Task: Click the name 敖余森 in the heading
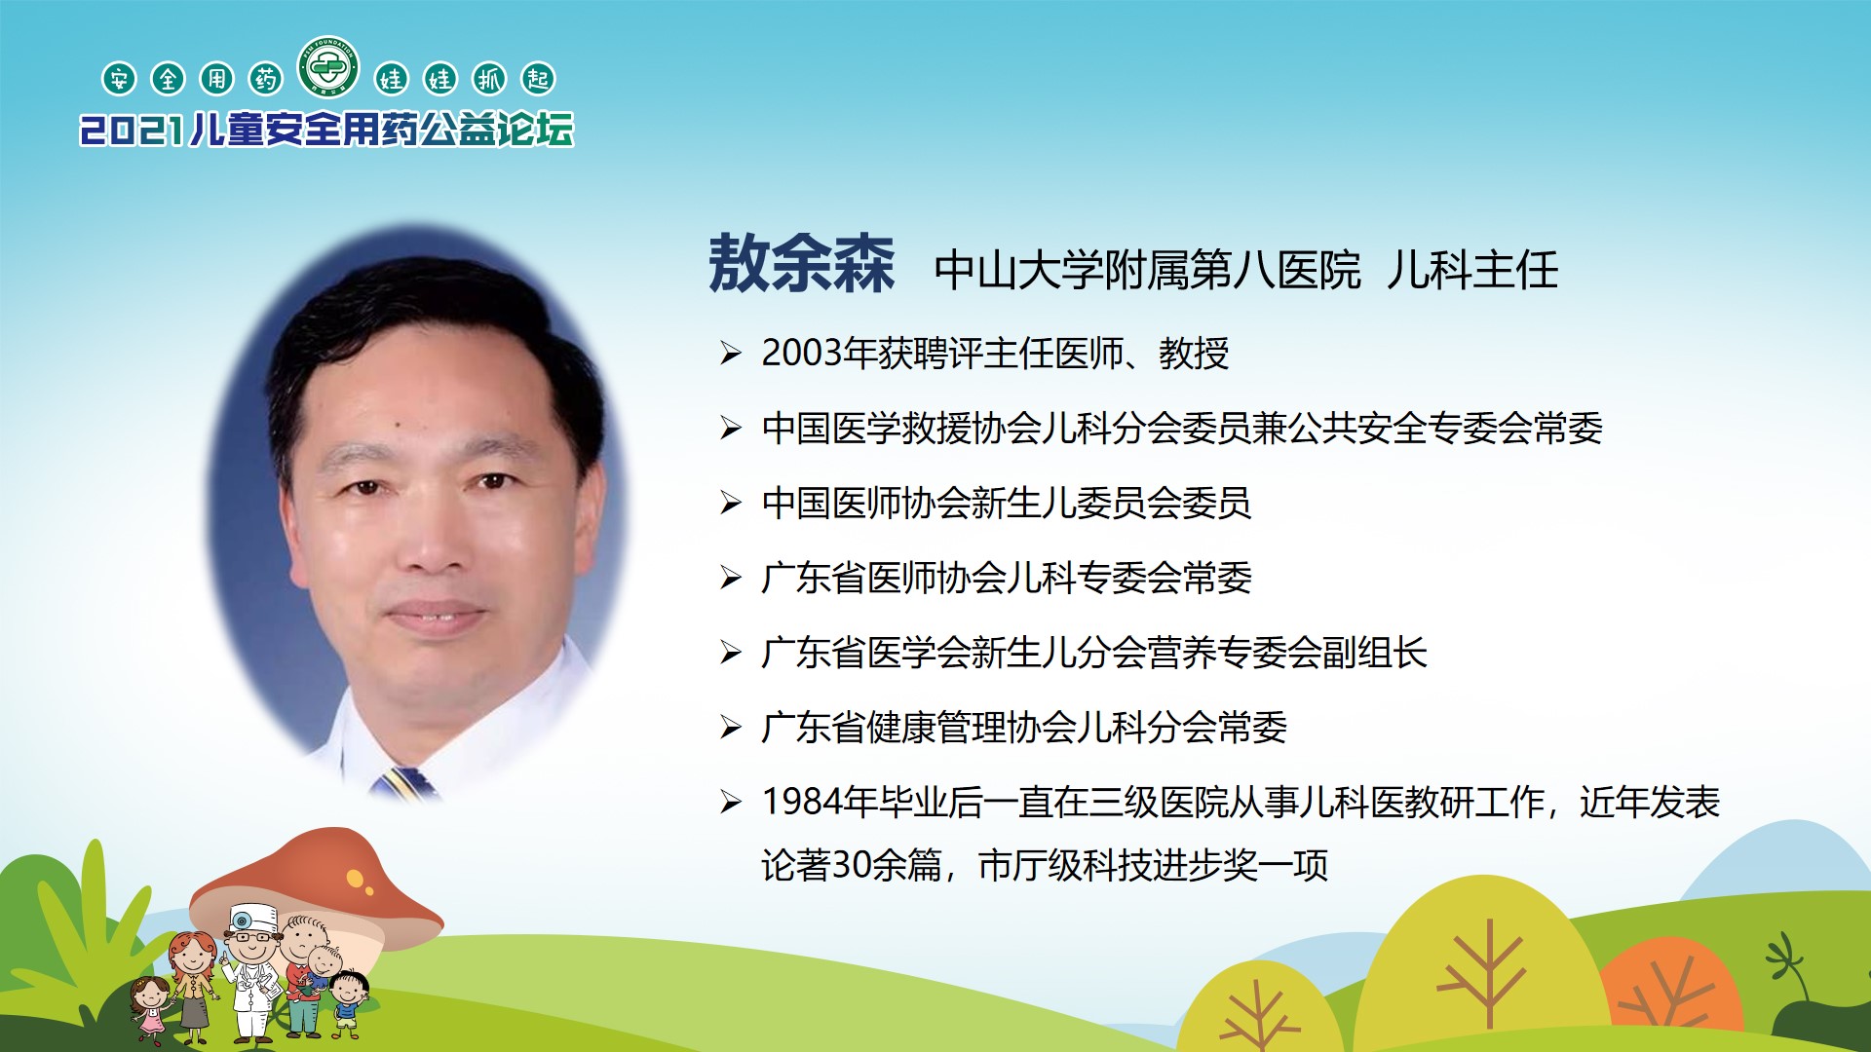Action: pyautogui.click(x=801, y=264)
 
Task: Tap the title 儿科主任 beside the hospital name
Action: pyautogui.click(x=1472, y=270)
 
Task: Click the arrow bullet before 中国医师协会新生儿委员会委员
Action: pyautogui.click(x=731, y=503)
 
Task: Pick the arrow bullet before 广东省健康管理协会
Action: pyautogui.click(x=731, y=727)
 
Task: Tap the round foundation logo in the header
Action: pyautogui.click(x=329, y=67)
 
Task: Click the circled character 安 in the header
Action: pyautogui.click(x=119, y=79)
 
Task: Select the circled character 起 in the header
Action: pyautogui.click(x=538, y=79)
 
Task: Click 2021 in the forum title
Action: pyautogui.click(x=132, y=131)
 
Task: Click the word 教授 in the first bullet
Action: pyautogui.click(x=1194, y=353)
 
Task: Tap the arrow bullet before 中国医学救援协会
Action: pyautogui.click(x=731, y=428)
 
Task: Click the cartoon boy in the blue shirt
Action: pyautogui.click(x=348, y=1003)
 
